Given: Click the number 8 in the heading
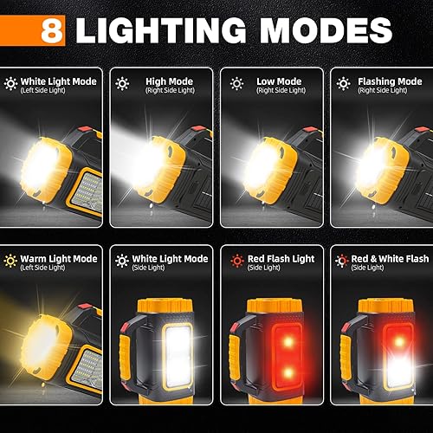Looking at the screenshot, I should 53,30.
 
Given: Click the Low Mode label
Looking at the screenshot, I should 276,81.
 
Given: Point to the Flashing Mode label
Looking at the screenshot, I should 390,81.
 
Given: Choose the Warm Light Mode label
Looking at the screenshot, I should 60,258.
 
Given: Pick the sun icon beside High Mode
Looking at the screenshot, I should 123,84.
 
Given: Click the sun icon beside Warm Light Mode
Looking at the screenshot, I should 11,261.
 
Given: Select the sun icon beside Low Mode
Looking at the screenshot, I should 236,84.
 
